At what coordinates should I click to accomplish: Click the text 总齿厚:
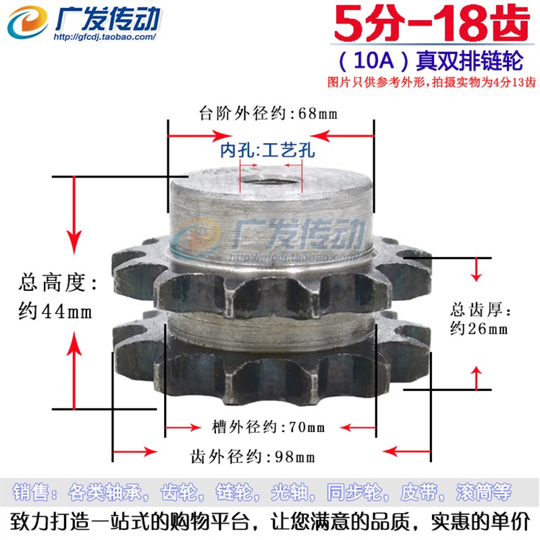tap(481, 310)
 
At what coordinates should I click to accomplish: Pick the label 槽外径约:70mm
tap(268, 427)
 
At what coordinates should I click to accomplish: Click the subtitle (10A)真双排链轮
tap(429, 63)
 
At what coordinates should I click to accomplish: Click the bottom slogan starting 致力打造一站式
tap(270, 522)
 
